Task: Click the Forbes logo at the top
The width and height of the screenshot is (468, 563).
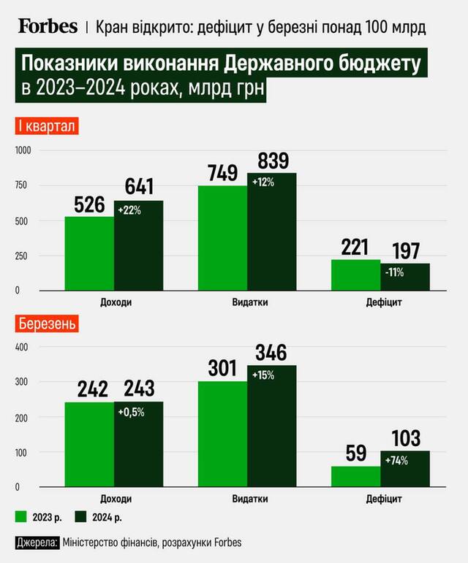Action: click(47, 26)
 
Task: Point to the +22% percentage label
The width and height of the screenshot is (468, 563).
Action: click(130, 210)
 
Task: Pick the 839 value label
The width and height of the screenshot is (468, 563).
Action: click(273, 160)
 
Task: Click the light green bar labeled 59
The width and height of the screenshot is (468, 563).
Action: click(355, 476)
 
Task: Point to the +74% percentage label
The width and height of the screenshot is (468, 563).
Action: click(397, 460)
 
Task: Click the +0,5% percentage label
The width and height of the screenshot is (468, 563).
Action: click(132, 412)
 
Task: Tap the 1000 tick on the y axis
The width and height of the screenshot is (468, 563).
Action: click(25, 150)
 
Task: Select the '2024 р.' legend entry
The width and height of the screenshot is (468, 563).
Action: click(101, 518)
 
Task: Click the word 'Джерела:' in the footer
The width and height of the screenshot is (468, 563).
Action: click(37, 543)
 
